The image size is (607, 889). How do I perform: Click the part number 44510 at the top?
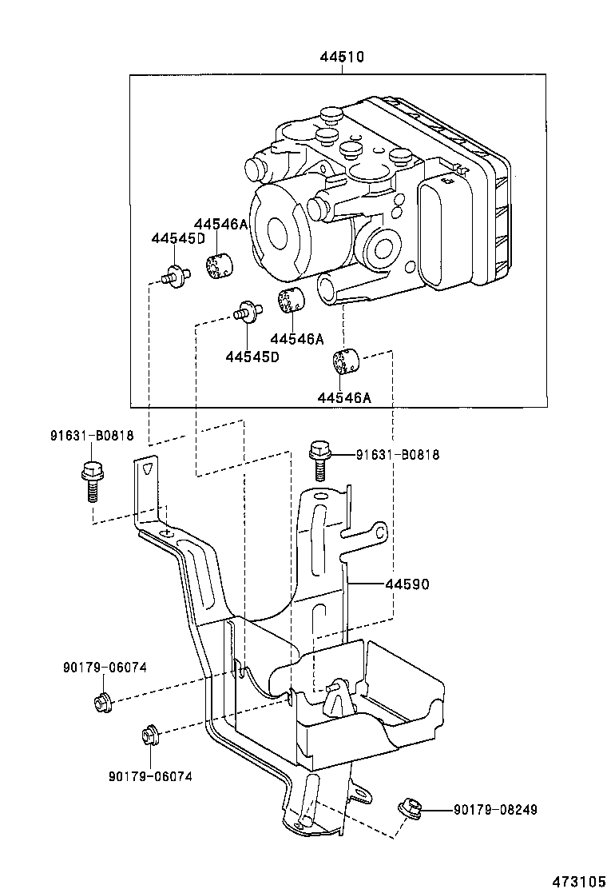click(342, 58)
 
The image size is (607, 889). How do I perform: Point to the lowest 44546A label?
click(343, 397)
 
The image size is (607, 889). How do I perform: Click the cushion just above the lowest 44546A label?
click(345, 361)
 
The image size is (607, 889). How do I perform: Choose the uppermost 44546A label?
click(220, 225)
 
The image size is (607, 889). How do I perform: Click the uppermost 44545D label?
click(178, 238)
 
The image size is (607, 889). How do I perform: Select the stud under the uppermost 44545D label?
click(175, 276)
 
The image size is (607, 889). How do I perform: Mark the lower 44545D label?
click(252, 357)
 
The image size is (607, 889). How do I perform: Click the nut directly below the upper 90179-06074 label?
click(101, 703)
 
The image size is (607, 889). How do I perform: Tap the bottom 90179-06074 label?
click(150, 775)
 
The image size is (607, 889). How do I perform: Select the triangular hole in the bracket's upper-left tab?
click(146, 471)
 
